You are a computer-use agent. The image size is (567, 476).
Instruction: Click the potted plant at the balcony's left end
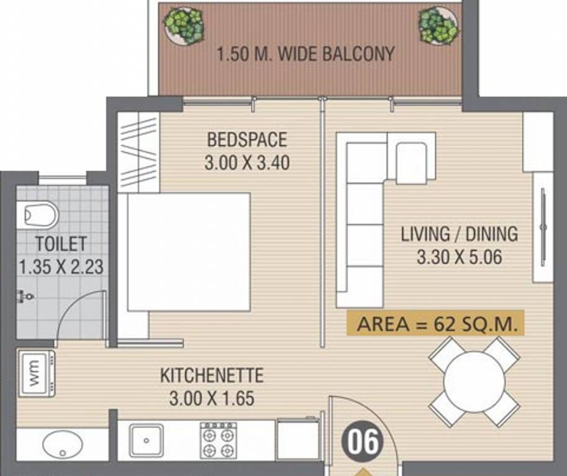(184, 26)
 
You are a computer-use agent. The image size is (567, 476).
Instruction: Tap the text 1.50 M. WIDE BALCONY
(306, 54)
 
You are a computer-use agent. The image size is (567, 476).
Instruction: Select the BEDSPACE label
(247, 140)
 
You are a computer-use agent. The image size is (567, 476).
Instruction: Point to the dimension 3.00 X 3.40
(247, 162)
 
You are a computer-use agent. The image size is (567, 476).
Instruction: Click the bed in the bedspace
(189, 252)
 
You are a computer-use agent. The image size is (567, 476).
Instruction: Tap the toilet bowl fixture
(41, 215)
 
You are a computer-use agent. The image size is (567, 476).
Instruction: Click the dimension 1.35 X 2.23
(61, 267)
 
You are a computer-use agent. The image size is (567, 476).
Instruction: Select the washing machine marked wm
(36, 373)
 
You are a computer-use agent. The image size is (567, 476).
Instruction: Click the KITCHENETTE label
(212, 376)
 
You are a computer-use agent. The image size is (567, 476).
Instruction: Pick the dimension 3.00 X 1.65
(212, 399)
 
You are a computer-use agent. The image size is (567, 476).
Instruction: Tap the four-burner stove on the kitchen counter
(219, 440)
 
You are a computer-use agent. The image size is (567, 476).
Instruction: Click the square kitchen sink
(146, 440)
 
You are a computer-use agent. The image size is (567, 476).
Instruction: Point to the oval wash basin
(62, 444)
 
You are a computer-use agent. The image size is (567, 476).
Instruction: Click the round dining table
(474, 381)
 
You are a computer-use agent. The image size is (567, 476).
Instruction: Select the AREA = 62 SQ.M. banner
(435, 324)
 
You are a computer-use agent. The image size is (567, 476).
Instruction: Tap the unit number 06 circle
(363, 443)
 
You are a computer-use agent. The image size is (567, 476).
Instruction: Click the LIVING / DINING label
(459, 234)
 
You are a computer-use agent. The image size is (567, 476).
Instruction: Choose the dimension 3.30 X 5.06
(459, 257)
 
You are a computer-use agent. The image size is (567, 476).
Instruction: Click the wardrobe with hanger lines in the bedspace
(139, 152)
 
